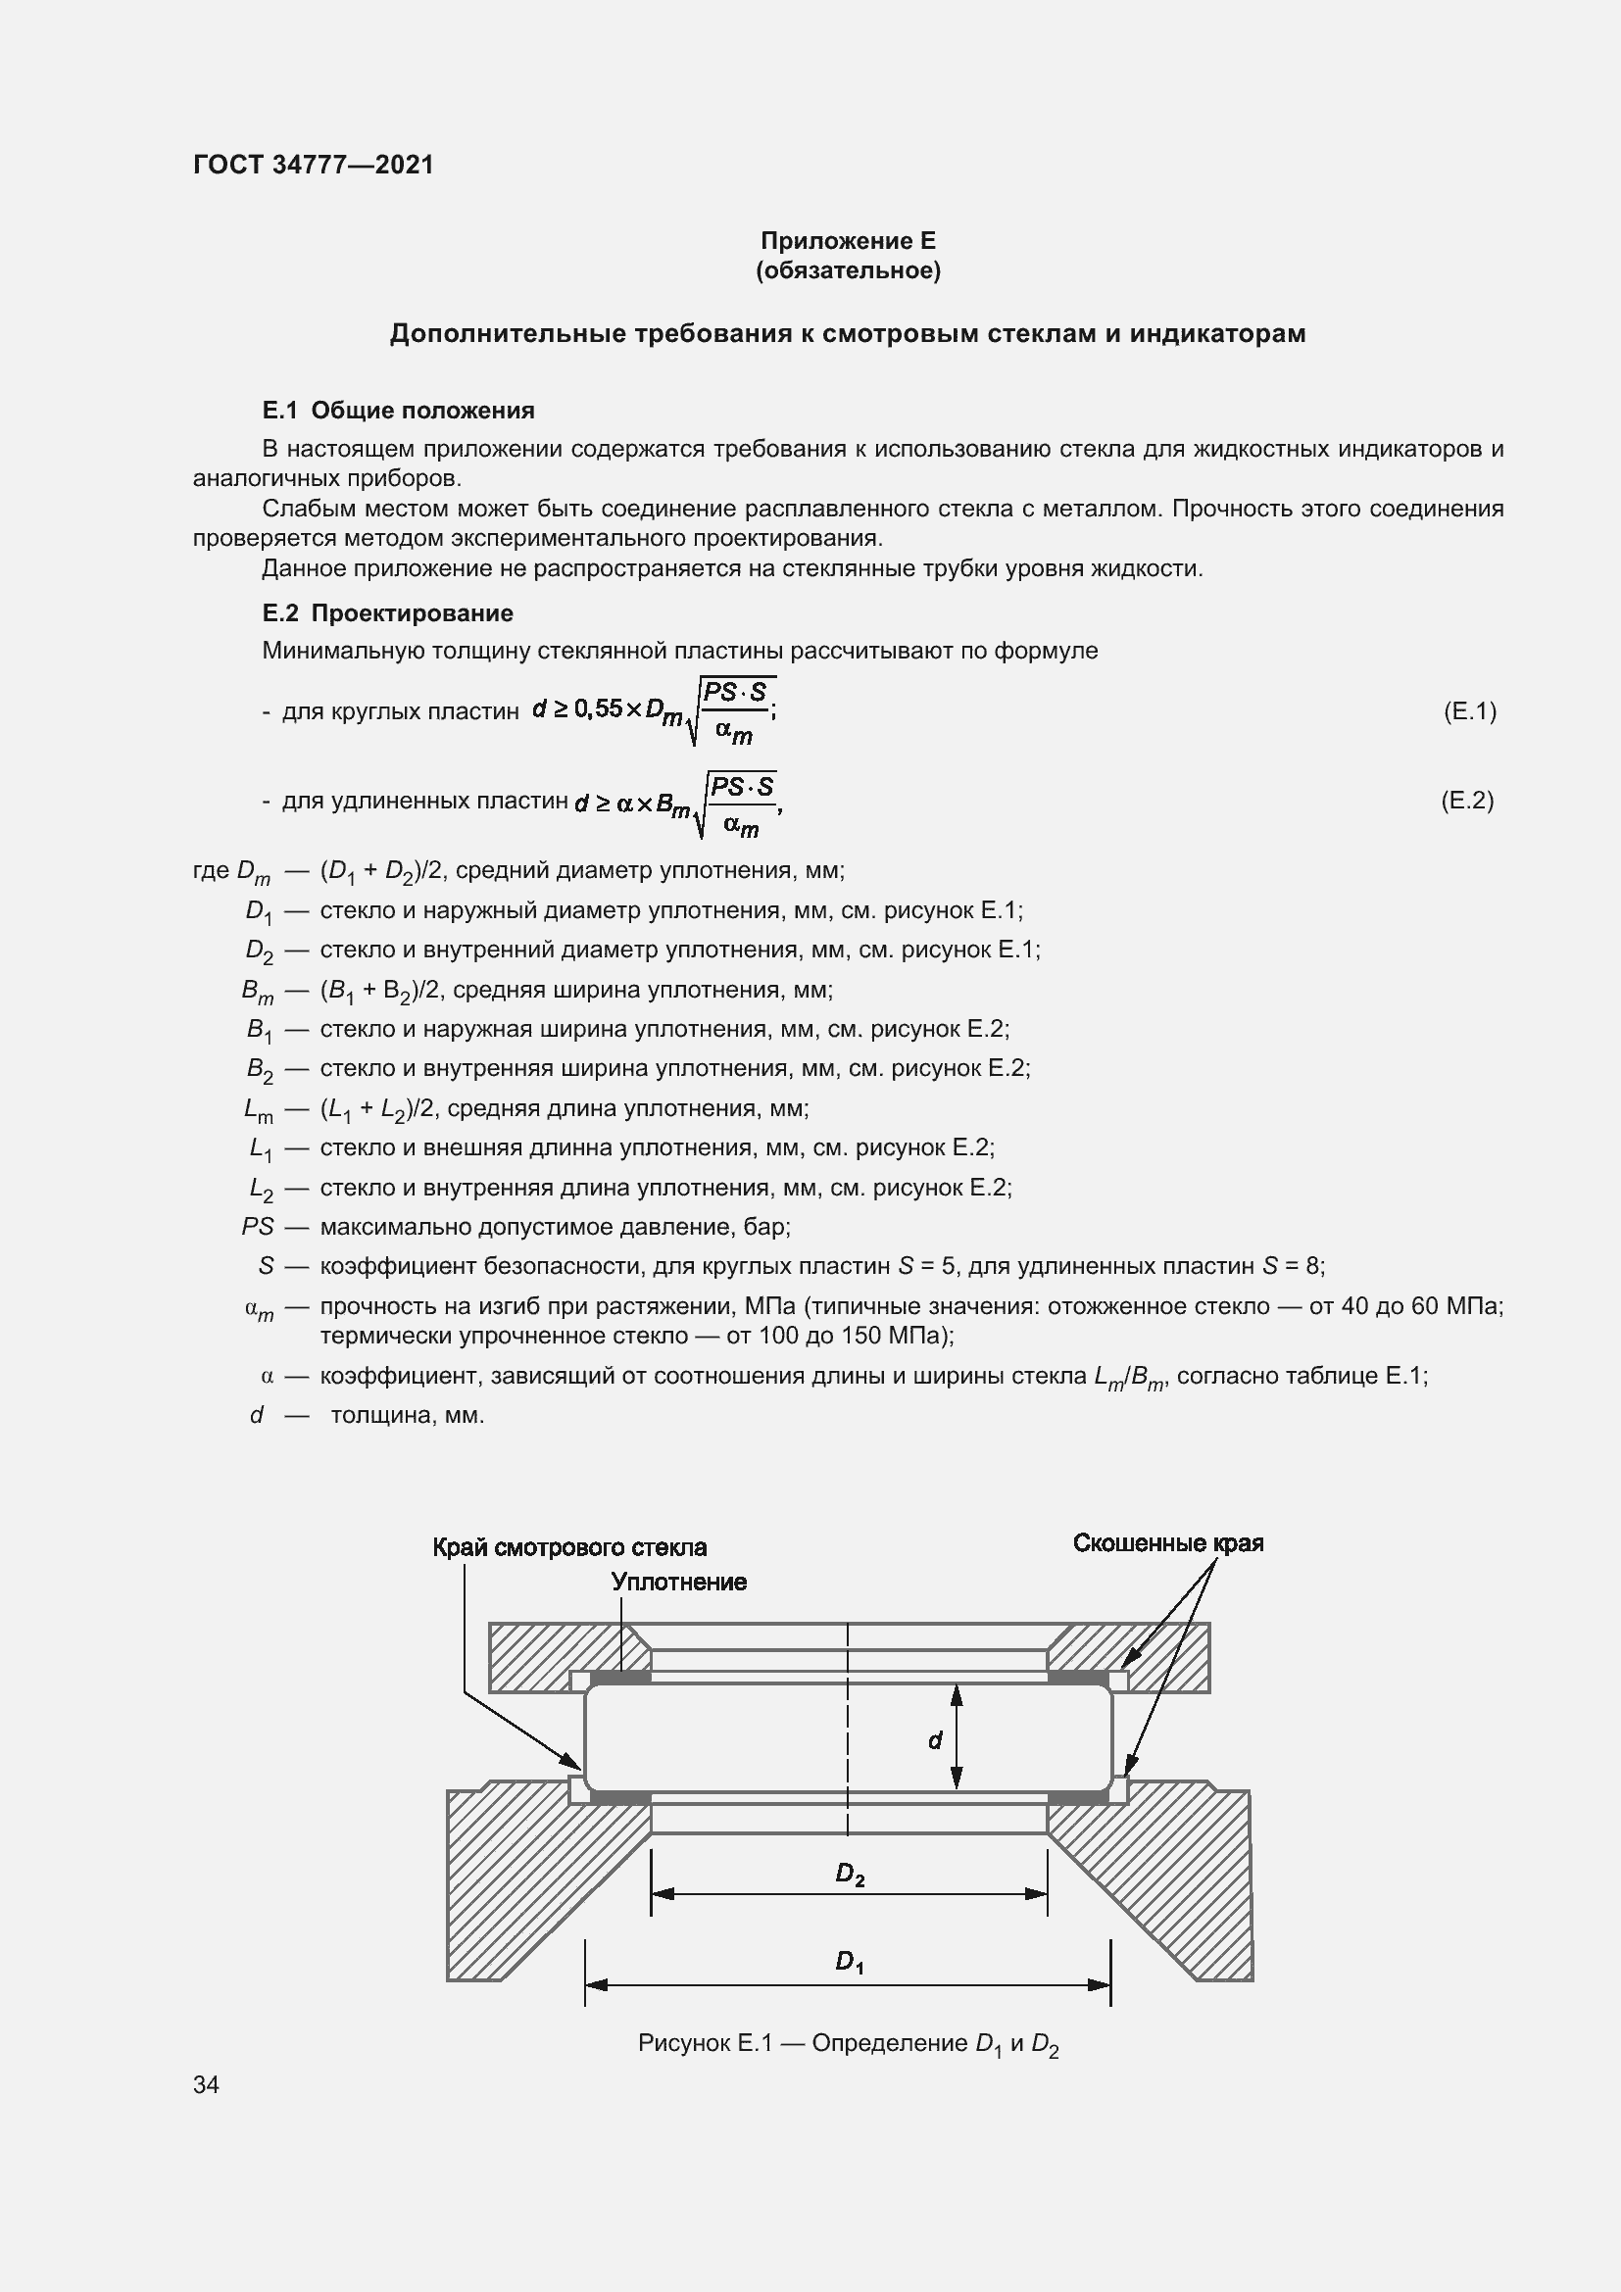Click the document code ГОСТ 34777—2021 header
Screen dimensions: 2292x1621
314,165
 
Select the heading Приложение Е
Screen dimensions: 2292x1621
848,241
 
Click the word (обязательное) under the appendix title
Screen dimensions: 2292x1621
848,270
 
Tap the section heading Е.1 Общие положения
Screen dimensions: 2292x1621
398,411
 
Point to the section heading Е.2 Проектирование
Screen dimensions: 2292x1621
387,612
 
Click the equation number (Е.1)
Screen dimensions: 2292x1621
1469,710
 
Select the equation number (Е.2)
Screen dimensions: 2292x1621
1467,801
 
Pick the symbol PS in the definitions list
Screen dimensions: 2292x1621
258,1226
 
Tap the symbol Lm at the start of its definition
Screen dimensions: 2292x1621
258,1109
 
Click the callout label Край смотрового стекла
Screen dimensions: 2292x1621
569,1547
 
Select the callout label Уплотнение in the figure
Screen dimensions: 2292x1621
679,1583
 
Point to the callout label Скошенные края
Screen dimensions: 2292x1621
1168,1543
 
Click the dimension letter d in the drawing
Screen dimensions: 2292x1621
934,1741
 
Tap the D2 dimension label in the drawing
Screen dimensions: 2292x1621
850,1875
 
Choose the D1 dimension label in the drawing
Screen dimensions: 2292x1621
850,1964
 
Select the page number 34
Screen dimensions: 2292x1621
207,2085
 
